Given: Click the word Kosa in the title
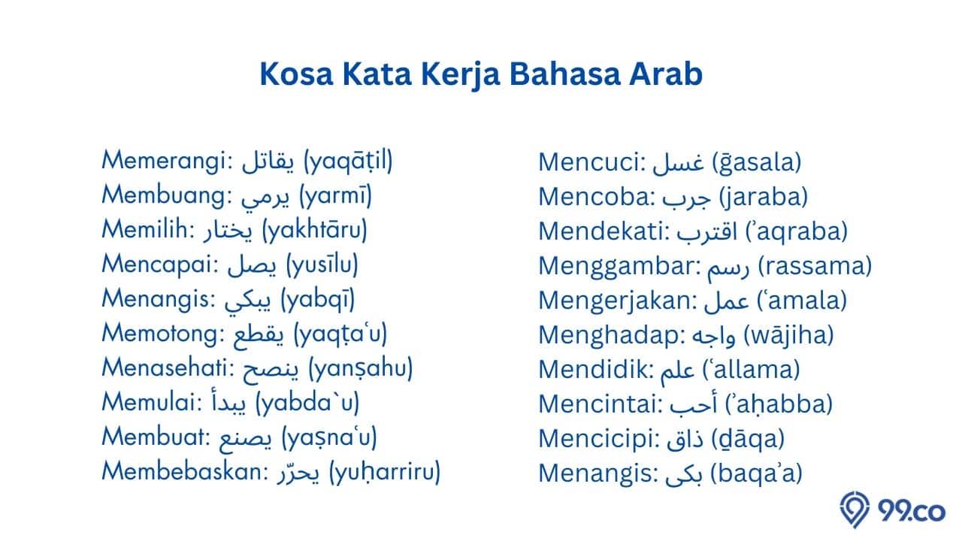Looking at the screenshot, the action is (x=296, y=74).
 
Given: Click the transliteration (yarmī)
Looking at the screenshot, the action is (x=335, y=197).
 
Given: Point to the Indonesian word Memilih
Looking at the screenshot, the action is (x=145, y=229).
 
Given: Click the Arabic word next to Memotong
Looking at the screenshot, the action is (x=259, y=335).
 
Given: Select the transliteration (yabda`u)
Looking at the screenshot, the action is (x=307, y=403).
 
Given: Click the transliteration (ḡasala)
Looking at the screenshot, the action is (x=757, y=162).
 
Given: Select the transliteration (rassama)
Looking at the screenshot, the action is (x=815, y=266).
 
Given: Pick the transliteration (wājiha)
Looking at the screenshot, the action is (x=789, y=335).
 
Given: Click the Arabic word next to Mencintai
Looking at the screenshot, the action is (x=694, y=403).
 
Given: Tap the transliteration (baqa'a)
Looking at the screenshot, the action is (x=756, y=473).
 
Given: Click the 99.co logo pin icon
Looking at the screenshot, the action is (x=855, y=509).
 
